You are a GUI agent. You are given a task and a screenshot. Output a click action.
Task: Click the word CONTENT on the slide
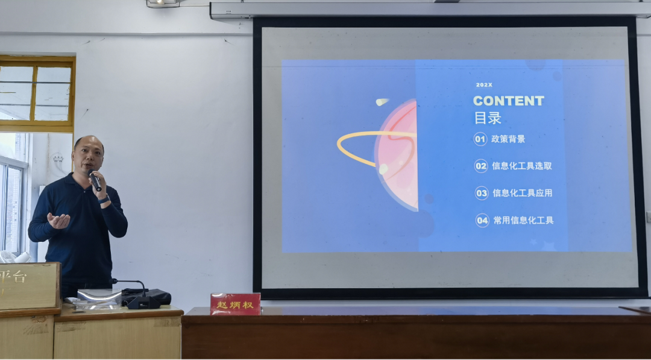tap(508, 101)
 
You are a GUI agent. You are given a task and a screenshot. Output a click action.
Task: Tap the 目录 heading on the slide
tap(487, 117)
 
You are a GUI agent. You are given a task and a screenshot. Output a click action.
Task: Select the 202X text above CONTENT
tap(483, 85)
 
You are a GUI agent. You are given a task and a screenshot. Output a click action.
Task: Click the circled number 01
tap(480, 139)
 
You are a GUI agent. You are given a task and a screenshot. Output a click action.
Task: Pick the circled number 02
tap(481, 166)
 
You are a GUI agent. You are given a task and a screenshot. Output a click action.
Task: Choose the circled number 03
tap(482, 193)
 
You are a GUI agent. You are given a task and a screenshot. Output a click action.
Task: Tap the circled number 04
tap(482, 220)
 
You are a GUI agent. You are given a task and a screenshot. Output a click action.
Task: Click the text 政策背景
tap(508, 139)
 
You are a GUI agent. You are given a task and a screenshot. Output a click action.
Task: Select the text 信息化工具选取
tap(521, 166)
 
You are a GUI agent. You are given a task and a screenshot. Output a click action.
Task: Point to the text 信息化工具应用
tap(522, 193)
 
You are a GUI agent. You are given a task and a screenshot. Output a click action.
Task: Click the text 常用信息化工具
tap(523, 220)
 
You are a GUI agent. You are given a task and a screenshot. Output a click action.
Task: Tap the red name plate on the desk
tap(235, 304)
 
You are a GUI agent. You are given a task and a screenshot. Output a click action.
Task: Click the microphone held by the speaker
tap(95, 180)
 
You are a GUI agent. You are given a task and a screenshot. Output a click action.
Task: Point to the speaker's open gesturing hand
tap(59, 221)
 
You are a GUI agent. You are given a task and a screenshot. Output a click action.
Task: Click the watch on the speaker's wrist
tap(104, 199)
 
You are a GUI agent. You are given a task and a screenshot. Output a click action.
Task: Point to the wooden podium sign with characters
tap(29, 285)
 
